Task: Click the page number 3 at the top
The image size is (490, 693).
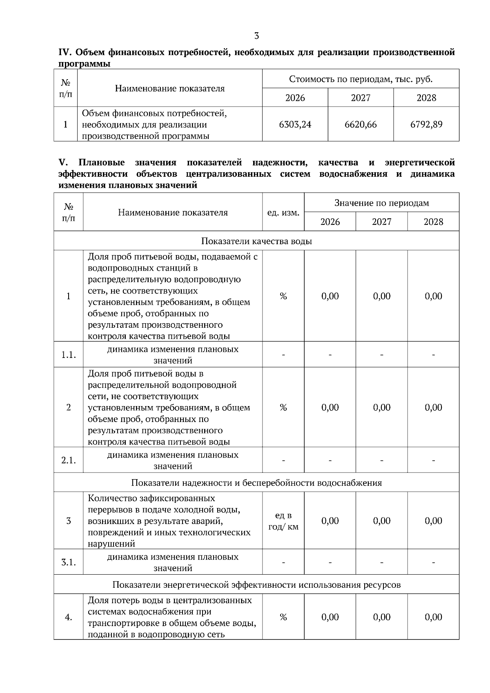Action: pos(256,36)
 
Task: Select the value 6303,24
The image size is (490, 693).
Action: pos(295,124)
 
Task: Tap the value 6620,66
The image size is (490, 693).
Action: pos(361,124)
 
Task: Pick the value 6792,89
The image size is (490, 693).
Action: pos(426,124)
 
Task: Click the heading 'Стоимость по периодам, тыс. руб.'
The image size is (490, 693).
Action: pos(361,79)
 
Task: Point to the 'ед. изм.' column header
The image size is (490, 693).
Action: pos(283,213)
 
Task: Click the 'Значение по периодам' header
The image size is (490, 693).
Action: pos(381,203)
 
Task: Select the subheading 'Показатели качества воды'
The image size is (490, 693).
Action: pos(256,241)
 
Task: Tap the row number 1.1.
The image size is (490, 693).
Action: pos(69,355)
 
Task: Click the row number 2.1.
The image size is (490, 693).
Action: pos(69,460)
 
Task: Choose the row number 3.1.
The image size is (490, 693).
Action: pos(69,562)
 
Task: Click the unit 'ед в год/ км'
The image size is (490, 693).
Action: pos(283,521)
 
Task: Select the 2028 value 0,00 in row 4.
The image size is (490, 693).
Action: pos(433,617)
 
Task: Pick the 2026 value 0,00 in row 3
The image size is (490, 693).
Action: pos(330,521)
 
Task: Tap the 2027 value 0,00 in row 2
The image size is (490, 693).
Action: pos(381,408)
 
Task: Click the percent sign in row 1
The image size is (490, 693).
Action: pos(283,296)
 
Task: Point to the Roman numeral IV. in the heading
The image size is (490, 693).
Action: pos(65,53)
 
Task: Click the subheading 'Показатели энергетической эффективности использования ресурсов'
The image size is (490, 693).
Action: pos(256,585)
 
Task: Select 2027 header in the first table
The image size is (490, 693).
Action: pos(361,98)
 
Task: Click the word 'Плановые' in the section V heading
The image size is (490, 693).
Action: pos(102,163)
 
